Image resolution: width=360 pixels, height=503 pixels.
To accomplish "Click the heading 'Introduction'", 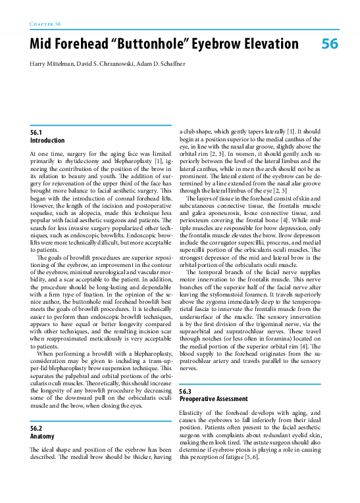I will (47, 141).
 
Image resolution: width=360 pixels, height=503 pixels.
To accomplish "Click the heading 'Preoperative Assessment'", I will (214, 399).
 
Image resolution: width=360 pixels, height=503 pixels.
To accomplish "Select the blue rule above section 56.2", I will (101, 420).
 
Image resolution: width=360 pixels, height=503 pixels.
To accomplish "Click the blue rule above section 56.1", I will (101, 125).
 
